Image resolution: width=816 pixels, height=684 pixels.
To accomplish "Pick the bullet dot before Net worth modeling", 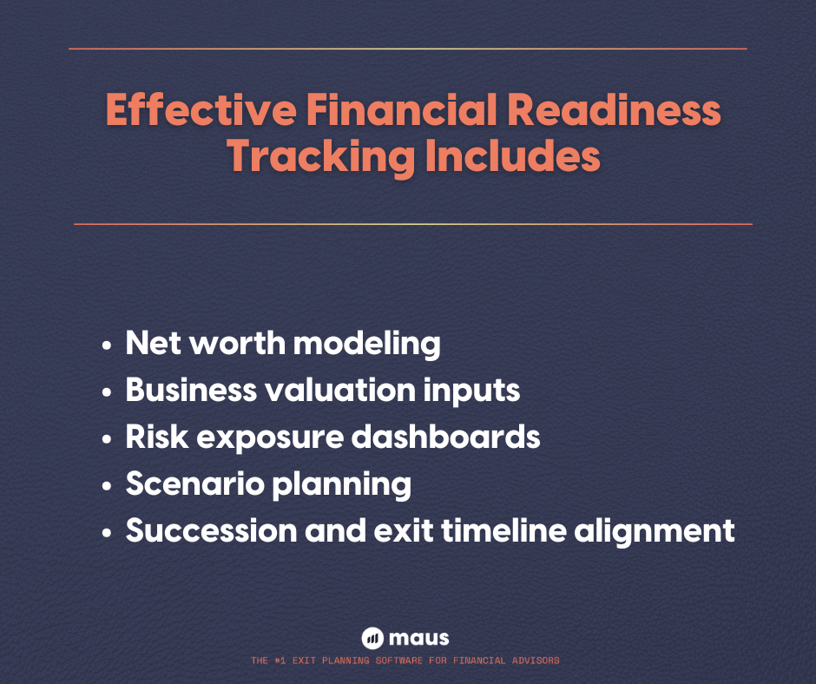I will [x=107, y=345].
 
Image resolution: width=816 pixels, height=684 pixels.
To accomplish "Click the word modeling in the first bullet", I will [x=366, y=344].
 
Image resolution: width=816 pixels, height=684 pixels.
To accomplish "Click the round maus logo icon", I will [x=372, y=638].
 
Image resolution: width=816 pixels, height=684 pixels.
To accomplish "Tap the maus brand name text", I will [x=419, y=638].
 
